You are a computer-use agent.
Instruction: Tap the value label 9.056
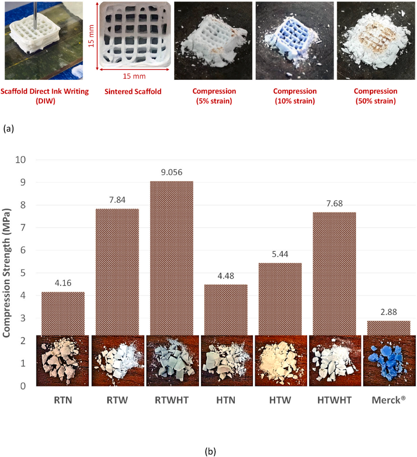coord(172,172)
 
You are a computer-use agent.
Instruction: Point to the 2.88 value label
coord(388,312)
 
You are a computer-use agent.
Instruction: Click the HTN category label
coord(226,400)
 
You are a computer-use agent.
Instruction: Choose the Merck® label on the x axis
coord(388,400)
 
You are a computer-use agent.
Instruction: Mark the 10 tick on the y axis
coord(20,160)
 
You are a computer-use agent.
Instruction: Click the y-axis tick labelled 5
coord(23,273)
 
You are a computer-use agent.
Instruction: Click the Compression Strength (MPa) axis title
coord(7,273)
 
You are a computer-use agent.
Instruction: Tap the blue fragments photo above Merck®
coord(389,361)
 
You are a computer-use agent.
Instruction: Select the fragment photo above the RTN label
coord(63,361)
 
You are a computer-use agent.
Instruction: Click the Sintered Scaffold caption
coord(133,92)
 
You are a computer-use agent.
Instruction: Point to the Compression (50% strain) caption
coord(375,96)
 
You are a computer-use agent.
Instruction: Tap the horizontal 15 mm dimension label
coord(134,76)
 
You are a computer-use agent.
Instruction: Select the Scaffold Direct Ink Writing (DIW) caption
coord(44,96)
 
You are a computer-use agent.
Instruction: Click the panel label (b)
coord(210,451)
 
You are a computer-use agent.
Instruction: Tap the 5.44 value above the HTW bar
coord(280,254)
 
